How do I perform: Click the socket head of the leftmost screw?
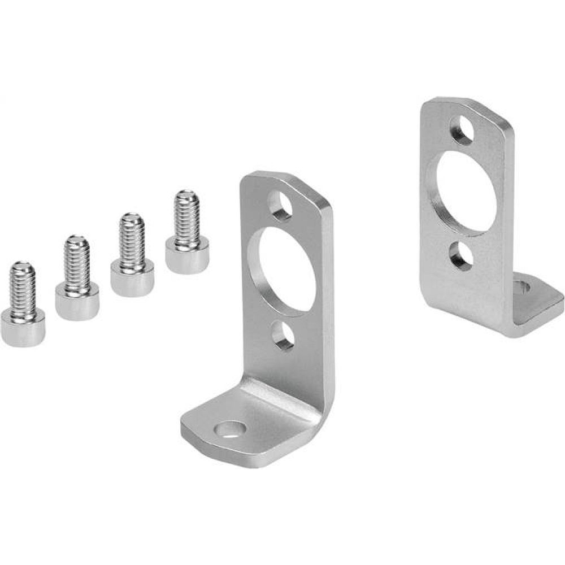tap(23, 327)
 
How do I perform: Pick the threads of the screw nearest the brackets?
tap(187, 215)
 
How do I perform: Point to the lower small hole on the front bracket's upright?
tap(282, 337)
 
